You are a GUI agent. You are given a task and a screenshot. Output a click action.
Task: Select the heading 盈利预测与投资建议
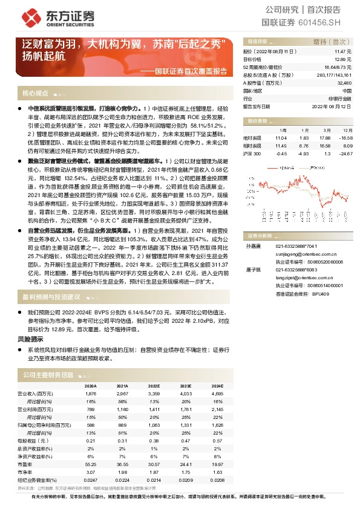coord(51,297)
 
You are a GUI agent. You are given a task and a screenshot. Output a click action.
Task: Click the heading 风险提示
coord(30,340)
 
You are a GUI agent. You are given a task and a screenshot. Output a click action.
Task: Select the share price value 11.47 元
coord(342,53)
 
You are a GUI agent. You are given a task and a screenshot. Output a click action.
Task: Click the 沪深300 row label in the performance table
coord(252,154)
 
